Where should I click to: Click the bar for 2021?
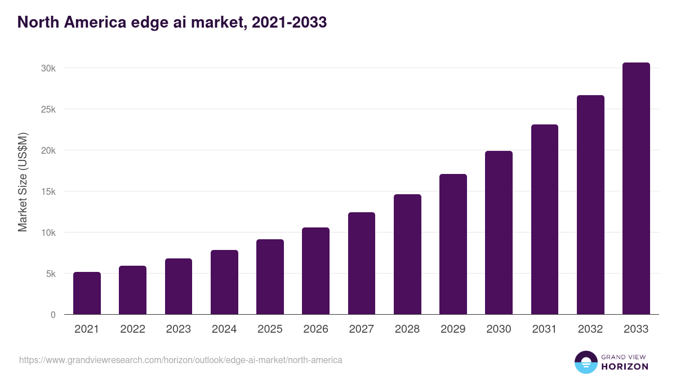[87, 293]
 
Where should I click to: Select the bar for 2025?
[270, 277]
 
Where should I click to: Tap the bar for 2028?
[407, 254]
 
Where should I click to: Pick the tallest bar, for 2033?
[636, 189]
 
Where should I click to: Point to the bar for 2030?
[499, 233]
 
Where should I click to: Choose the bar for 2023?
[179, 287]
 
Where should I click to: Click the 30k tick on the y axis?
[48, 68]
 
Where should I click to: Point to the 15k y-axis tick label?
[48, 191]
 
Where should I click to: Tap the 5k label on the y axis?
[50, 274]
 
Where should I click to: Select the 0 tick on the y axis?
[53, 315]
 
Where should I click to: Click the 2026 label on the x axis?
[315, 329]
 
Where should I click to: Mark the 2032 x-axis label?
[590, 329]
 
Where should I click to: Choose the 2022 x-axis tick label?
[132, 329]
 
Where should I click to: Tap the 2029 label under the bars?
[453, 329]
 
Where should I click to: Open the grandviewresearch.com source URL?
[180, 360]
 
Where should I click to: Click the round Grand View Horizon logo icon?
[585, 362]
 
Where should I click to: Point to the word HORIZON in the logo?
[625, 366]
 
